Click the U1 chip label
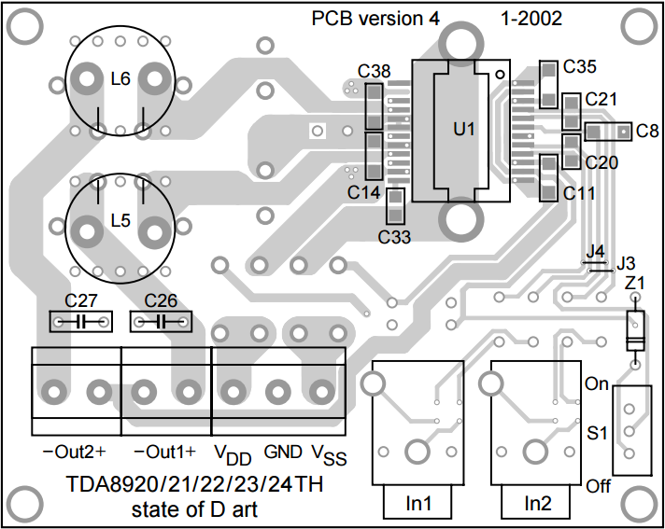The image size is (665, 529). pyautogui.click(x=464, y=129)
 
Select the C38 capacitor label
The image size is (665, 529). pyautogui.click(x=374, y=71)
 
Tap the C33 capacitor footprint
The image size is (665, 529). pyautogui.click(x=395, y=206)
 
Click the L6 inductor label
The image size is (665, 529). pyautogui.click(x=120, y=79)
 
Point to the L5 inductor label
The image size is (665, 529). pyautogui.click(x=120, y=221)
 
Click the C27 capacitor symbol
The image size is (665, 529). pyautogui.click(x=81, y=322)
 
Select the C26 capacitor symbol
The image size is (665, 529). pyautogui.click(x=161, y=322)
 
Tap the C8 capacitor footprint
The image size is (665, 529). pyautogui.click(x=609, y=132)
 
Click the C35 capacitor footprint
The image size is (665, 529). pyautogui.click(x=548, y=84)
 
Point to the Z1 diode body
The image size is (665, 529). pyautogui.click(x=635, y=331)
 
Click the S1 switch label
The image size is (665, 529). pyautogui.click(x=598, y=433)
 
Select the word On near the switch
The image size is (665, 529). pyautogui.click(x=597, y=383)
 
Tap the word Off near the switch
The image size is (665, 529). pyautogui.click(x=599, y=486)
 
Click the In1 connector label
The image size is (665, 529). pyautogui.click(x=418, y=504)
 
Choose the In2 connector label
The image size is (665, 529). pyautogui.click(x=538, y=504)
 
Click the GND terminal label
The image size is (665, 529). pyautogui.click(x=283, y=452)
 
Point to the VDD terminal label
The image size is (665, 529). pyautogui.click(x=233, y=454)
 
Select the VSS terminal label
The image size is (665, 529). pyautogui.click(x=330, y=454)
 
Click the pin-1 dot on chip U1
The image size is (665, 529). pyautogui.click(x=501, y=74)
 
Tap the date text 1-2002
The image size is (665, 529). pyautogui.click(x=531, y=19)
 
